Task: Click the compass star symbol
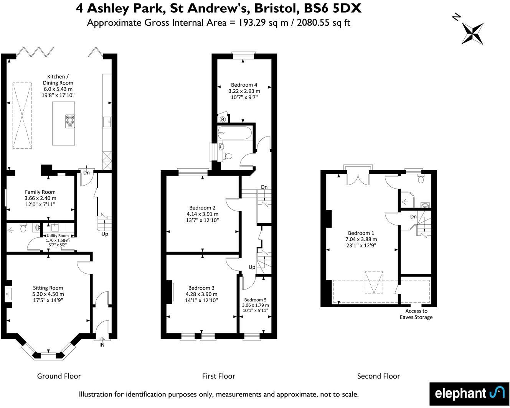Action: [x=472, y=33]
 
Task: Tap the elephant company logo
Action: [x=469, y=393]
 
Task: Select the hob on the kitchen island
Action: [x=69, y=121]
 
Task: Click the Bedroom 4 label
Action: [x=244, y=85]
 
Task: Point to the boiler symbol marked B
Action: [x=223, y=119]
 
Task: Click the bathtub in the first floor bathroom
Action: [x=234, y=133]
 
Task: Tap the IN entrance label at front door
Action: [x=102, y=345]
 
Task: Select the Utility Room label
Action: [x=58, y=236]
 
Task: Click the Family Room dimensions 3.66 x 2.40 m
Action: [x=40, y=198]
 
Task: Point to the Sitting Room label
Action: [x=48, y=288]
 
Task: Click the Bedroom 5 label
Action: [x=255, y=300]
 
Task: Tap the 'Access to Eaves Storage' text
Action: [x=416, y=314]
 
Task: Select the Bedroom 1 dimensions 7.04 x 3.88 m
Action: [x=361, y=239]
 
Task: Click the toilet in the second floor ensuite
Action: [x=421, y=179]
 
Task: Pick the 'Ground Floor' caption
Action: [x=59, y=376]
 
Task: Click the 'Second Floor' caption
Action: [x=378, y=376]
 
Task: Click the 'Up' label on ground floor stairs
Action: [x=105, y=234]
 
